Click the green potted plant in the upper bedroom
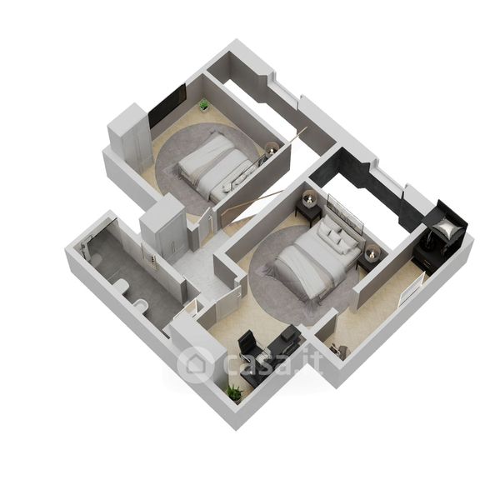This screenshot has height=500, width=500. coord(204,105)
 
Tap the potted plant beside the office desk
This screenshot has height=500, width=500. coord(235,392)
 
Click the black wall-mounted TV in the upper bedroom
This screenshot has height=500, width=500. coord(167,105)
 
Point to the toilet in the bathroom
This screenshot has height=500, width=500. coord(141,305)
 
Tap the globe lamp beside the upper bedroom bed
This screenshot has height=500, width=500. coord(272,148)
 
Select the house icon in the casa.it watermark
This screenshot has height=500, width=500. coord(196,364)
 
